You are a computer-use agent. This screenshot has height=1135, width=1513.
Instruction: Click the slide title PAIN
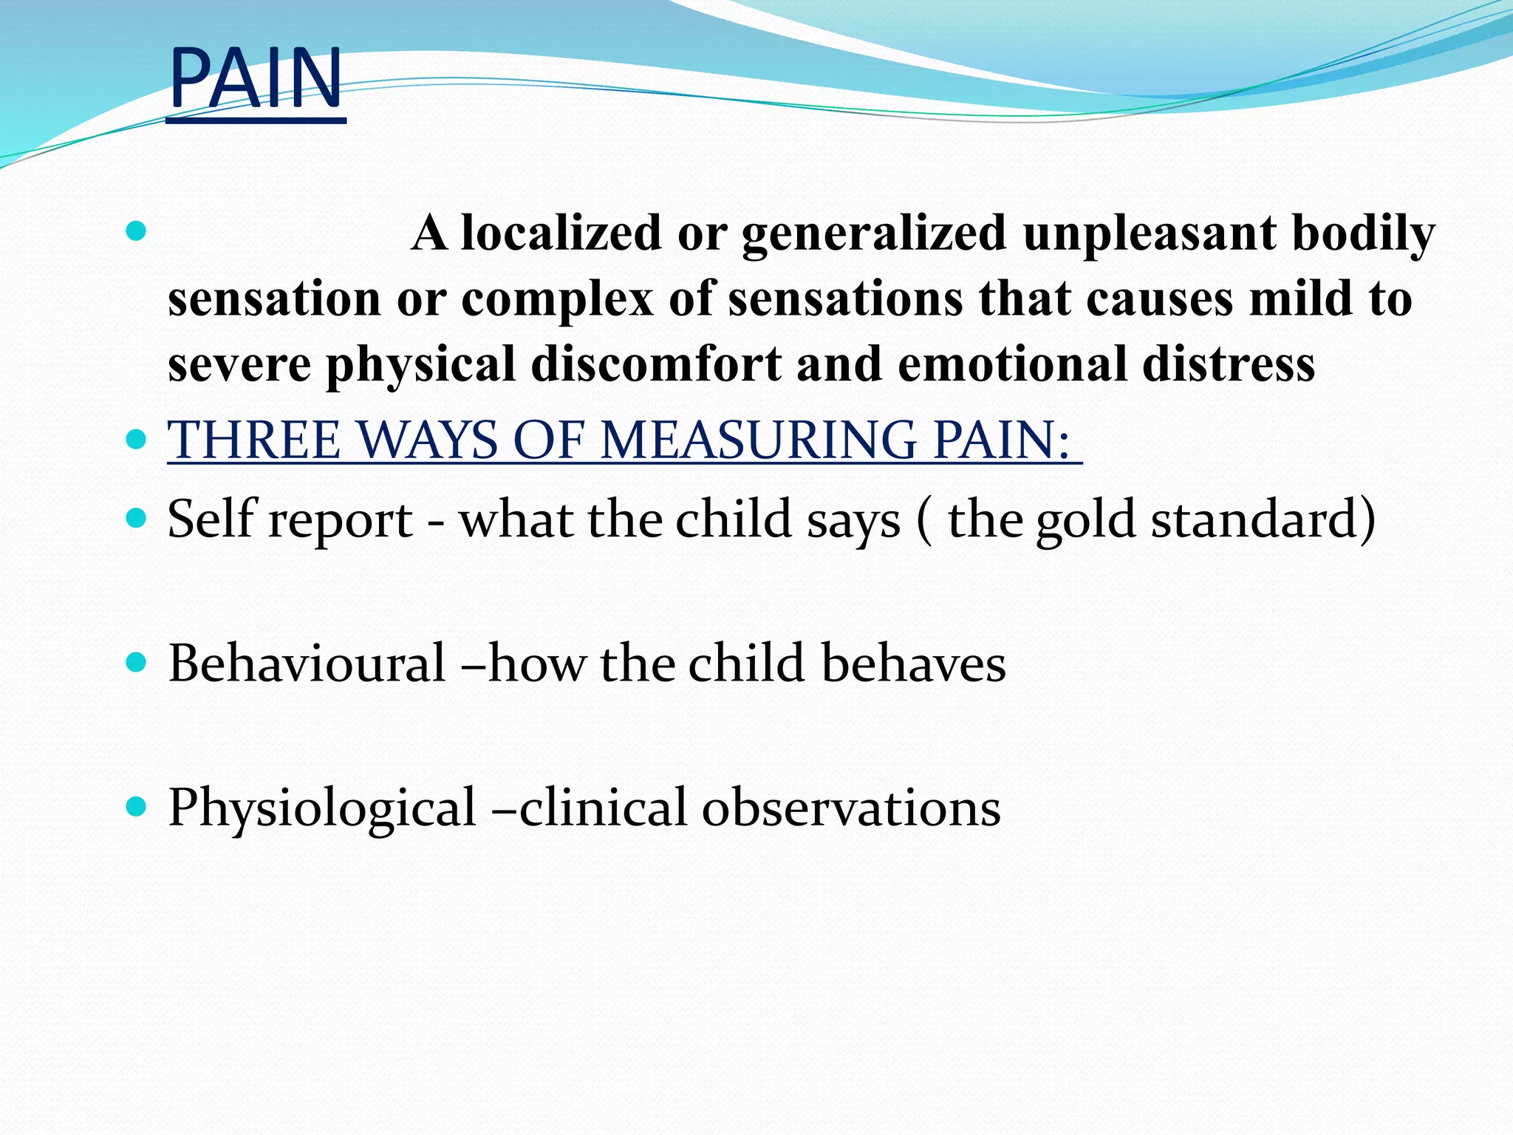(x=256, y=78)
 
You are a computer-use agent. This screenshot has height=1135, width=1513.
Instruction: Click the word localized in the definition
(x=561, y=234)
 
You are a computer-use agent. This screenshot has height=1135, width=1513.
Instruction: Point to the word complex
(x=558, y=299)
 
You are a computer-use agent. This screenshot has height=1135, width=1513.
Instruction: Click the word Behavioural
(x=307, y=663)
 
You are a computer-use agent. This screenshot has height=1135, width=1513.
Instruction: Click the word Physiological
(x=322, y=808)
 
